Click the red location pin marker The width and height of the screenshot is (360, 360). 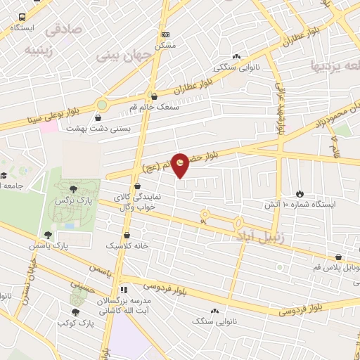pos(181,165)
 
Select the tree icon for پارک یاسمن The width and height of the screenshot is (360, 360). pos(48,235)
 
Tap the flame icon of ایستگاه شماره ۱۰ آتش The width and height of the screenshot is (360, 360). pos(300,193)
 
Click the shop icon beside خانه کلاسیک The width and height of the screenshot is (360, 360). pos(127,236)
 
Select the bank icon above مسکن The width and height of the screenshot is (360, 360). pos(165,34)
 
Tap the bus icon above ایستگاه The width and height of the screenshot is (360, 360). pos(22,17)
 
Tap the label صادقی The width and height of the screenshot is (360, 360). pos(63,31)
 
